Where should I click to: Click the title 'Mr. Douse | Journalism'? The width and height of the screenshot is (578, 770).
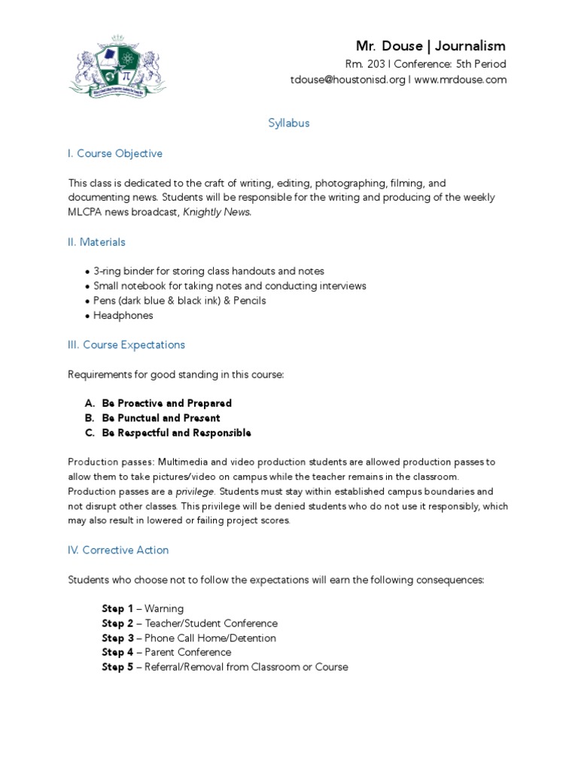pyautogui.click(x=430, y=46)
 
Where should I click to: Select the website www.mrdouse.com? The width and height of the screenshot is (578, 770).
pyautogui.click(x=460, y=80)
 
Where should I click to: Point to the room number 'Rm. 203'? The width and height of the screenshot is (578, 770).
pyautogui.click(x=367, y=64)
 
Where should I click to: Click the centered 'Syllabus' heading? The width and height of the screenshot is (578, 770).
pyautogui.click(x=289, y=123)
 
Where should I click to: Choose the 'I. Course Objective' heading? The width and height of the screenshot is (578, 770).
pyautogui.click(x=115, y=153)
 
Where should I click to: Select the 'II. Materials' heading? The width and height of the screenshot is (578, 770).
pyautogui.click(x=97, y=242)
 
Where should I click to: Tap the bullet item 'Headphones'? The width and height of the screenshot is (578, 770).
pyautogui.click(x=123, y=316)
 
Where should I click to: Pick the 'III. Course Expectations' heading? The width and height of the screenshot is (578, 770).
pyautogui.click(x=126, y=344)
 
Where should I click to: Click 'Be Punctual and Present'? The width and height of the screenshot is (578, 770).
pyautogui.click(x=161, y=418)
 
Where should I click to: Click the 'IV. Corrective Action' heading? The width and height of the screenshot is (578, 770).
pyautogui.click(x=118, y=550)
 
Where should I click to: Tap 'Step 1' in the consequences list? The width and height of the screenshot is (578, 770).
pyautogui.click(x=117, y=608)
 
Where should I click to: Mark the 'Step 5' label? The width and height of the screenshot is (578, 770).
pyautogui.click(x=117, y=667)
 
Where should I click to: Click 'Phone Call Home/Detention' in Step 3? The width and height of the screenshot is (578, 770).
pyautogui.click(x=210, y=638)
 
